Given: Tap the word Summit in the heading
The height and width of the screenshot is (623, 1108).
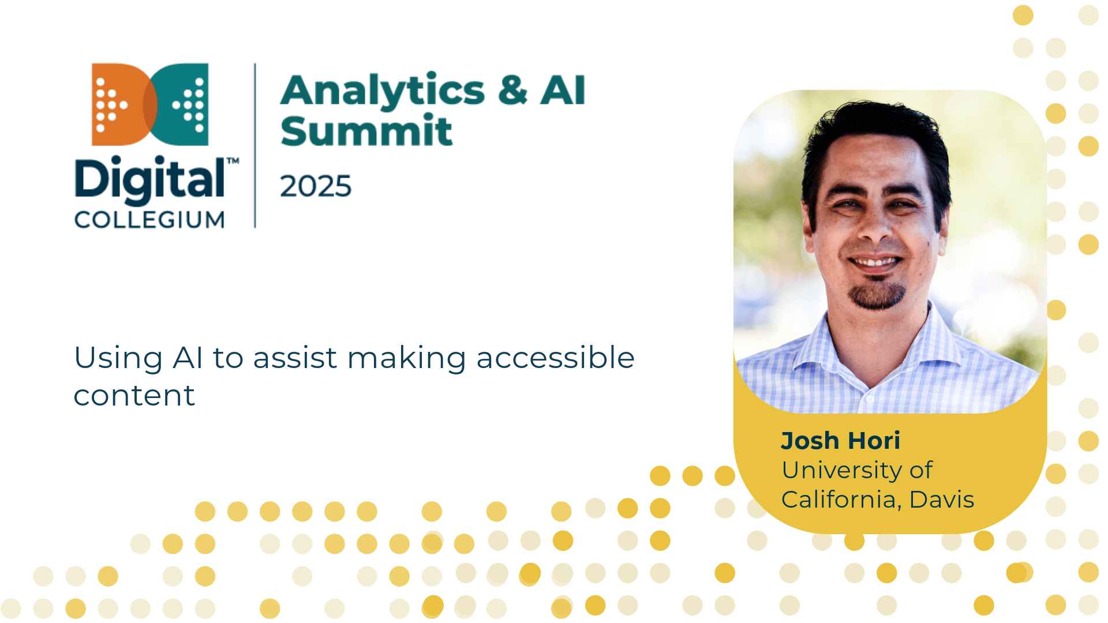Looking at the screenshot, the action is [x=366, y=131].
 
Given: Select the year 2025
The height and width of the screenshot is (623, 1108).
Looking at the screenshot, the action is [x=316, y=186].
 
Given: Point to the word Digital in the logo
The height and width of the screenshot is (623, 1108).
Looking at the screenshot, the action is [x=150, y=179].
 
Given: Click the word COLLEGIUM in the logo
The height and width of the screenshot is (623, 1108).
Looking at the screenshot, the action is [x=149, y=220].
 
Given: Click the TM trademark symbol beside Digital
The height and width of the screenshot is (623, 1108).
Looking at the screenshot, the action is [x=233, y=161].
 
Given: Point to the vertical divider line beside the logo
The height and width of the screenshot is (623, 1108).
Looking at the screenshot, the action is [x=255, y=145].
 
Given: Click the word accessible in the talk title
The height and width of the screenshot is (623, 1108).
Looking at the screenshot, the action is [x=555, y=358].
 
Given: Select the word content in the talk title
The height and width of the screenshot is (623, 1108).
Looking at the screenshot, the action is [x=134, y=396].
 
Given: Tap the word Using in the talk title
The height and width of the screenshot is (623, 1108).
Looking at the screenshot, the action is [x=119, y=359].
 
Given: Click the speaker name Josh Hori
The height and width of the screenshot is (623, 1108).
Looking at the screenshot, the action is [x=840, y=441].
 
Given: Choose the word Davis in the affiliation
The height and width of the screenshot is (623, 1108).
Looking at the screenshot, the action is [x=942, y=500].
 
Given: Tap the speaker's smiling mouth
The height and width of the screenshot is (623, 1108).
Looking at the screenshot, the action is [x=875, y=262].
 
